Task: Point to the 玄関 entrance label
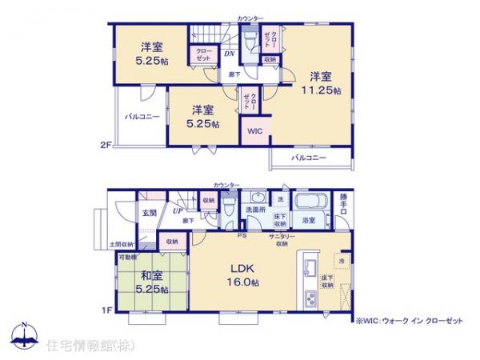[x=150, y=213]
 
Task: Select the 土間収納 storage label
[x=122, y=244]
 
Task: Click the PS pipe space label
[x=240, y=235]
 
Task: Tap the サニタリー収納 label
[x=280, y=240]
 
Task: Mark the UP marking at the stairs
[x=175, y=211]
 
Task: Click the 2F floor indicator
[x=105, y=145]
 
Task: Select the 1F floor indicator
[x=105, y=309]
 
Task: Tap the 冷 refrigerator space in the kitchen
[x=340, y=261]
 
